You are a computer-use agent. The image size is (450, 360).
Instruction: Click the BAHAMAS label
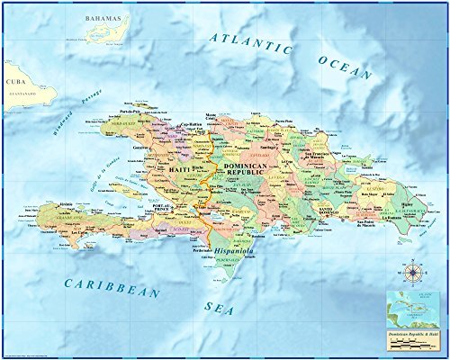pyautogui.click(x=102, y=18)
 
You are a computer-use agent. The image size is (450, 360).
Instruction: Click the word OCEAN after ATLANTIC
pyautogui.click(x=344, y=67)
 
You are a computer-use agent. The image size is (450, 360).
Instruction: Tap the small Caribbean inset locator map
pyautogui.click(x=410, y=310)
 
